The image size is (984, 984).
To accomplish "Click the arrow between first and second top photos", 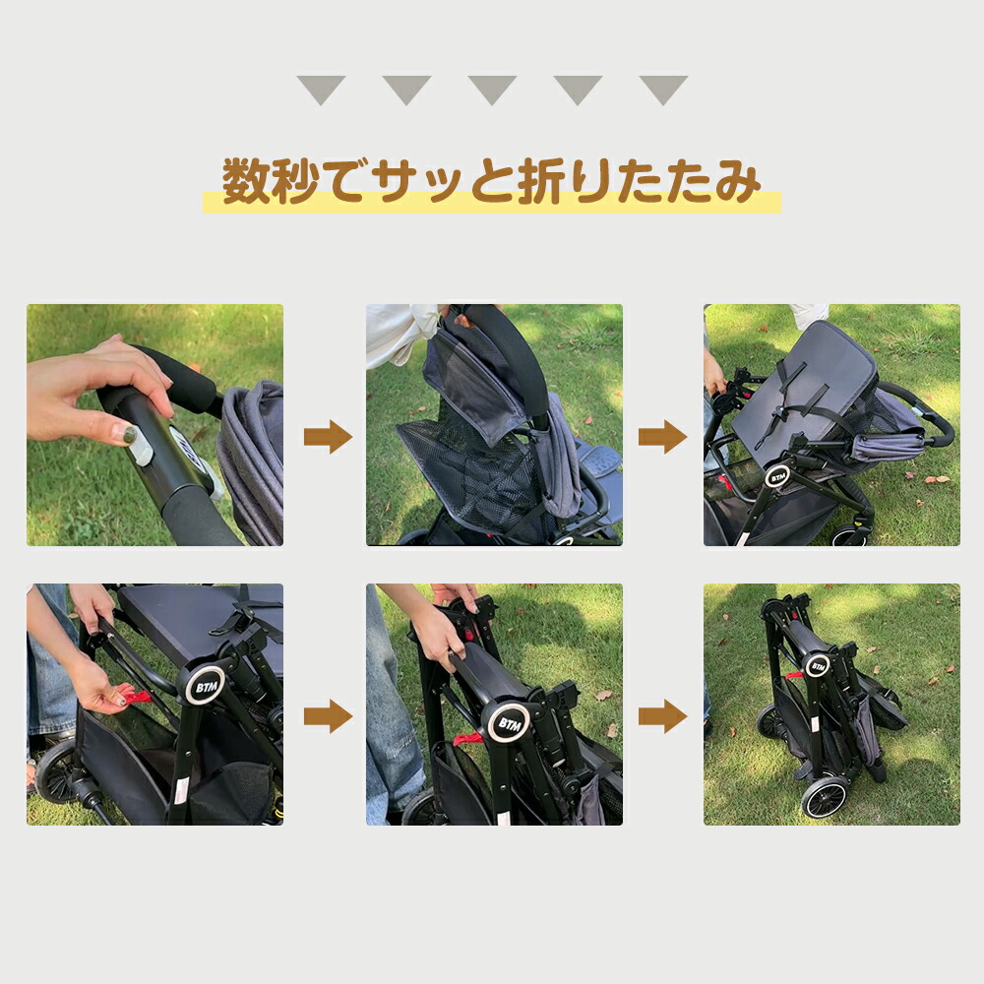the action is click(x=328, y=437).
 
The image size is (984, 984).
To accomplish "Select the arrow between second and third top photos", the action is click(x=662, y=437).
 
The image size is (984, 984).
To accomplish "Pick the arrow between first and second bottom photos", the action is click(x=328, y=716).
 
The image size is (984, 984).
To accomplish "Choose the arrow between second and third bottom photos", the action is click(x=662, y=716).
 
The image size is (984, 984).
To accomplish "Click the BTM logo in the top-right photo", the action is click(x=778, y=477).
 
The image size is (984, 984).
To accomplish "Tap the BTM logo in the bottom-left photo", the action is click(x=206, y=687).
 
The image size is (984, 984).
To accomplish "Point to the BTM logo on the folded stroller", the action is click(x=818, y=666).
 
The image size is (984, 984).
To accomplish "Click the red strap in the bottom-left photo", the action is click(x=137, y=696).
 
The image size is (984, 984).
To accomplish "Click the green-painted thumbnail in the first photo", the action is click(x=128, y=434).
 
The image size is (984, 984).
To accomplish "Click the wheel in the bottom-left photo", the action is click(x=55, y=772).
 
